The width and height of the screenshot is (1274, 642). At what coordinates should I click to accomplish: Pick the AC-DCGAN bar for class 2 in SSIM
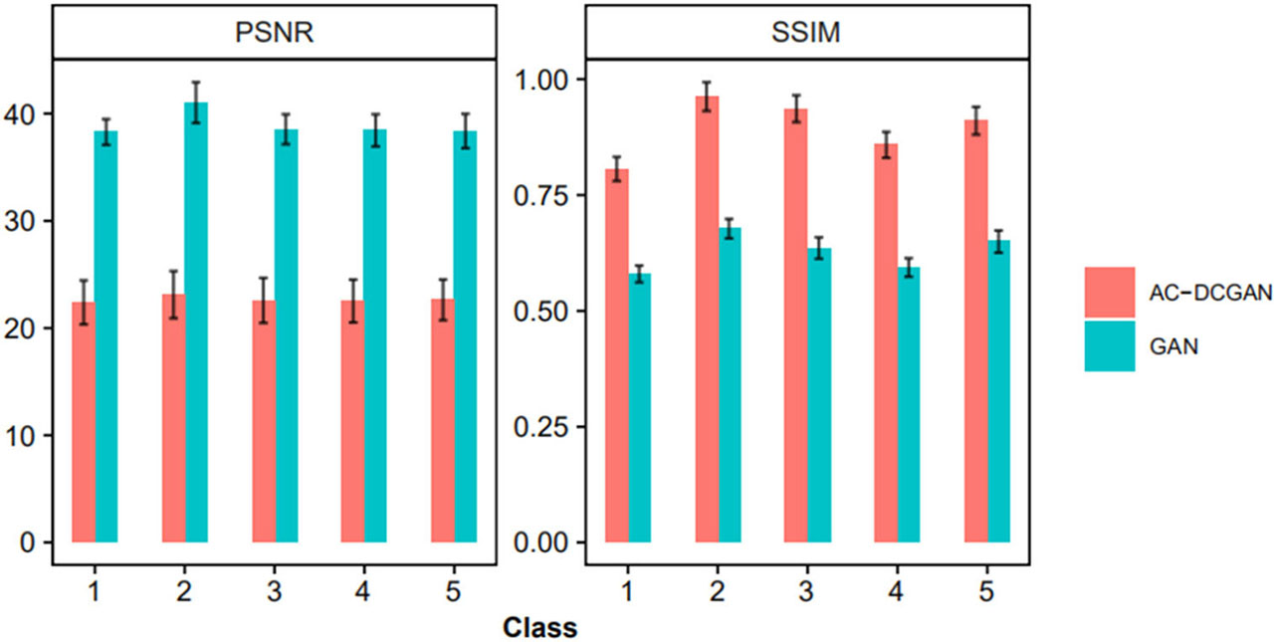[707, 319]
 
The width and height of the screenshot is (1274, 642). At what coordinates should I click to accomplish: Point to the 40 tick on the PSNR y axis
[29, 113]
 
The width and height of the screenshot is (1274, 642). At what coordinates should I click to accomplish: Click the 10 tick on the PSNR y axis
[29, 435]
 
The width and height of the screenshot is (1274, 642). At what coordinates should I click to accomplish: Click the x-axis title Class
[539, 627]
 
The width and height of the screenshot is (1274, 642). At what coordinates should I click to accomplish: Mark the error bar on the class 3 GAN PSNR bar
[287, 128]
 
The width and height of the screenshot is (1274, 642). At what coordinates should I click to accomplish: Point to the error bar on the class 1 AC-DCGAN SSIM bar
[617, 169]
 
